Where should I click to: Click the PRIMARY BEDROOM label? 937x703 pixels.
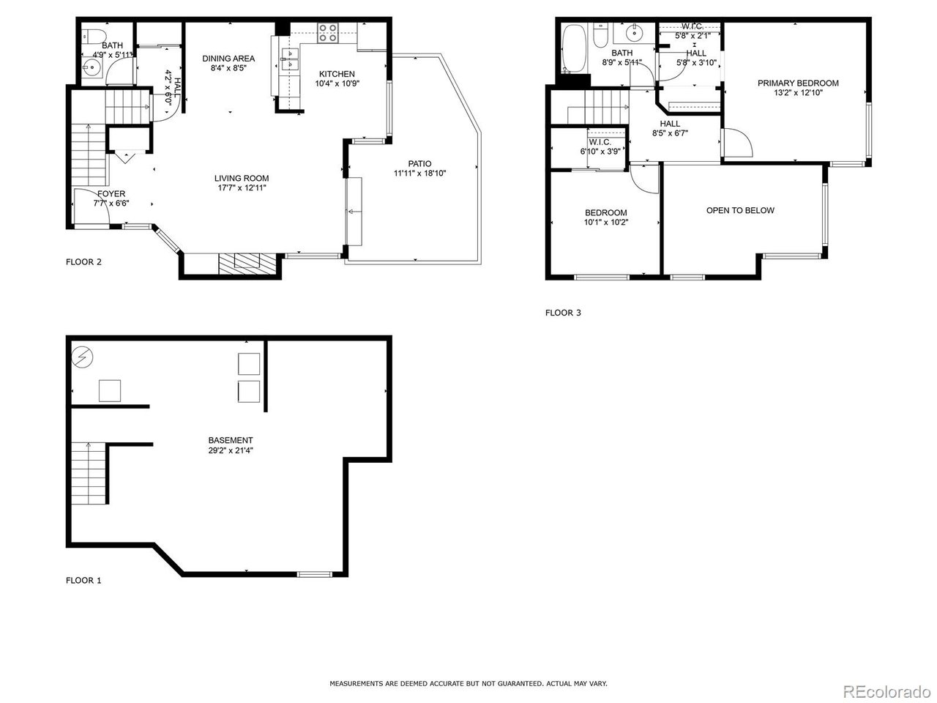click(798, 83)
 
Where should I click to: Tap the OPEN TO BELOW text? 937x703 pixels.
click(740, 210)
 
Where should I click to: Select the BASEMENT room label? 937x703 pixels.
click(231, 440)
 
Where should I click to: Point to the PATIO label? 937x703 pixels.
click(419, 163)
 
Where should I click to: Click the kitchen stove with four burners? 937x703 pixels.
click(327, 31)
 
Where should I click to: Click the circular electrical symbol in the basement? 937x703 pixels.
click(81, 357)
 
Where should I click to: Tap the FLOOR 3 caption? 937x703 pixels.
click(563, 313)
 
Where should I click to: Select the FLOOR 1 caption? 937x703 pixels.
click(83, 581)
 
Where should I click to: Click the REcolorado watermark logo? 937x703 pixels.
click(885, 691)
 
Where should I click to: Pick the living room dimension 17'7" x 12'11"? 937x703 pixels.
click(241, 188)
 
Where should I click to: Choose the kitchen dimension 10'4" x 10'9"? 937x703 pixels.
click(337, 83)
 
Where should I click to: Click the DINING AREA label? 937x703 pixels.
click(228, 59)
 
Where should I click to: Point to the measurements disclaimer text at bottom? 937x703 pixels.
click(468, 683)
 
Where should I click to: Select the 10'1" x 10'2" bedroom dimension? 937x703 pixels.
click(605, 223)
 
